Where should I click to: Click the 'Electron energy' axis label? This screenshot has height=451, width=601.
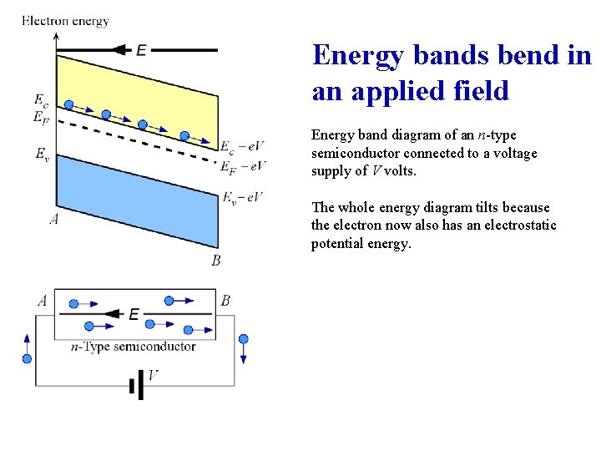(x=65, y=21)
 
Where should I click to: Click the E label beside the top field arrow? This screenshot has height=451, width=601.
(x=141, y=51)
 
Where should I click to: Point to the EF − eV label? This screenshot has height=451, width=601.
(x=243, y=167)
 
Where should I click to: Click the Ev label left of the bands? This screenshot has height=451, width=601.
(x=42, y=153)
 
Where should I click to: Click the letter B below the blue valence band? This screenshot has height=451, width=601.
(x=215, y=261)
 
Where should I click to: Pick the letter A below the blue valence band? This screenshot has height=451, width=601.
(x=53, y=220)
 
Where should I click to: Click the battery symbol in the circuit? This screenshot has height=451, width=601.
(x=133, y=386)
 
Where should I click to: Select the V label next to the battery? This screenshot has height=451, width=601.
(x=153, y=377)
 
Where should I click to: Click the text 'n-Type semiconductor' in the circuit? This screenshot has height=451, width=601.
(x=134, y=347)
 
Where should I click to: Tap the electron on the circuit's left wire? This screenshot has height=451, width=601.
(x=27, y=358)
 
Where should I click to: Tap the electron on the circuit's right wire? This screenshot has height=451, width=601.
(x=244, y=339)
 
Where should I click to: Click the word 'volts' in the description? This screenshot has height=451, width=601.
(x=397, y=172)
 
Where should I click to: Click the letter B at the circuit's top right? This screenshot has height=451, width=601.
(x=225, y=301)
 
